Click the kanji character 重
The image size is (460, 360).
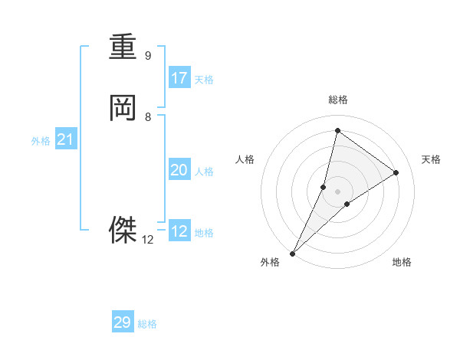click(x=123, y=47)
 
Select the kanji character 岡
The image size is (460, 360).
click(x=123, y=108)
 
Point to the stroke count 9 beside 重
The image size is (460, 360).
click(x=148, y=56)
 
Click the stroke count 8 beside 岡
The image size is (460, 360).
click(x=148, y=117)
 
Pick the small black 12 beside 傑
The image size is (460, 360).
click(x=148, y=239)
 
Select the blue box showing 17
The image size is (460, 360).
click(x=179, y=77)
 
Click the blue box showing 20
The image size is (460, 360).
click(x=179, y=170)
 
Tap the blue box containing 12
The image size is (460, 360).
click(x=179, y=231)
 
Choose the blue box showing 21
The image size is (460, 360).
click(x=65, y=139)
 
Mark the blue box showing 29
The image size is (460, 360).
click(x=123, y=322)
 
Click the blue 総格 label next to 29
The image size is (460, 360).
click(x=147, y=324)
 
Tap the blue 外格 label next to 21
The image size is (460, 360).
click(x=41, y=141)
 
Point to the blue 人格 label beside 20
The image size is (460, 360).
click(x=204, y=172)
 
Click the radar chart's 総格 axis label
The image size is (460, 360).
click(x=337, y=100)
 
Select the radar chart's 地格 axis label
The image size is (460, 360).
click(x=402, y=263)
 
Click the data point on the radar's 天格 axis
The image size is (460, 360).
click(x=396, y=172)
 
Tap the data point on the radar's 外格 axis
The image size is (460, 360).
click(x=292, y=254)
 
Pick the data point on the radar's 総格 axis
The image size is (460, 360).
click(x=337, y=130)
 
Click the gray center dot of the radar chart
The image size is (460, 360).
click(x=337, y=191)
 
